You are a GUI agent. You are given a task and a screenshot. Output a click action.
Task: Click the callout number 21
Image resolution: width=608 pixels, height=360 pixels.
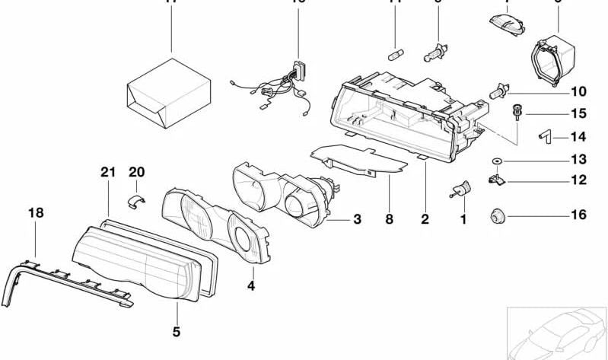(107, 173)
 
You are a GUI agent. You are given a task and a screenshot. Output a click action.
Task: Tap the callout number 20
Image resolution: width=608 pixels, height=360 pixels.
(136, 173)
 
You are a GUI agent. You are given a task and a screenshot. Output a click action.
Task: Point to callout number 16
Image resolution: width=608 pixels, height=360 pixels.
(578, 215)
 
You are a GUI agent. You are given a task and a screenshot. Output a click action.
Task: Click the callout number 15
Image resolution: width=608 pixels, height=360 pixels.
(578, 114)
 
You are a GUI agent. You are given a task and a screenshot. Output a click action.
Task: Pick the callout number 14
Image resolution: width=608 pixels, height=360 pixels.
(578, 138)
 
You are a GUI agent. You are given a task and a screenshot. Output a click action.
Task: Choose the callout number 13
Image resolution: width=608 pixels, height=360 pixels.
(578, 160)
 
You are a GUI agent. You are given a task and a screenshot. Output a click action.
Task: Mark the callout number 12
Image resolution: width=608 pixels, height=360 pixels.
(578, 180)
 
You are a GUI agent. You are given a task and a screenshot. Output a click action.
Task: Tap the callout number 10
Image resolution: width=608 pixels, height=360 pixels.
(578, 91)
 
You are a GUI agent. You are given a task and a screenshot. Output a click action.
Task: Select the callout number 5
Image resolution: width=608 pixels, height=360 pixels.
(176, 331)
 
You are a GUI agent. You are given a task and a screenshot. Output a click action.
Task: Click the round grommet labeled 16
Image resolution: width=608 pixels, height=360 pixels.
(498, 215)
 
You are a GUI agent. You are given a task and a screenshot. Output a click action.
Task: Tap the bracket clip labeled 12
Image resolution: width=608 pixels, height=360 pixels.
(495, 181)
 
